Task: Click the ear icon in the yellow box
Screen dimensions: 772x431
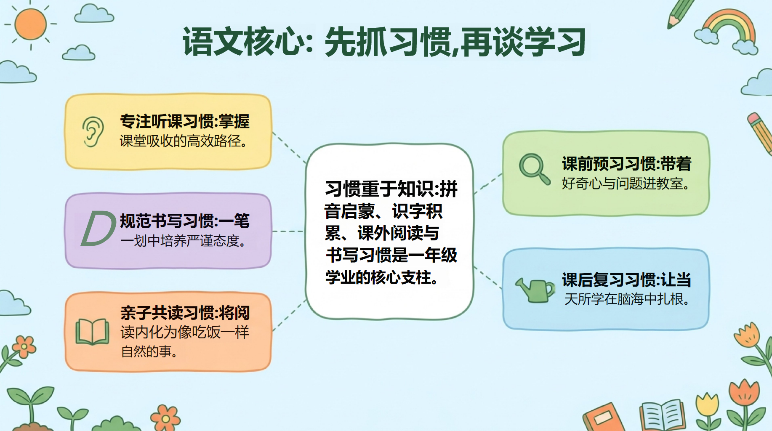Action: tap(93, 132)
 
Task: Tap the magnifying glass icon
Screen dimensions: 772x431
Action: tap(534, 169)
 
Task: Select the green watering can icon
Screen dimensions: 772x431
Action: tap(535, 290)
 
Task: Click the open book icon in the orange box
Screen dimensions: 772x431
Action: tap(92, 332)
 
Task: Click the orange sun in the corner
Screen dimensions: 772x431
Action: tap(30, 24)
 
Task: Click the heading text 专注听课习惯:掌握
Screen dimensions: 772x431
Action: tap(185, 121)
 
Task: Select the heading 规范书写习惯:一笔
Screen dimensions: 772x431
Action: tap(185, 221)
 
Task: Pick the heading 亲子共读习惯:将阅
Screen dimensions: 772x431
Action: tap(185, 313)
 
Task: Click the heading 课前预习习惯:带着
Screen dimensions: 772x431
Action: tap(626, 164)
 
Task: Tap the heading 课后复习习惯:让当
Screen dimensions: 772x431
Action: tap(626, 279)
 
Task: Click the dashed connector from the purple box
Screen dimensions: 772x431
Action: tap(288, 231)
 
